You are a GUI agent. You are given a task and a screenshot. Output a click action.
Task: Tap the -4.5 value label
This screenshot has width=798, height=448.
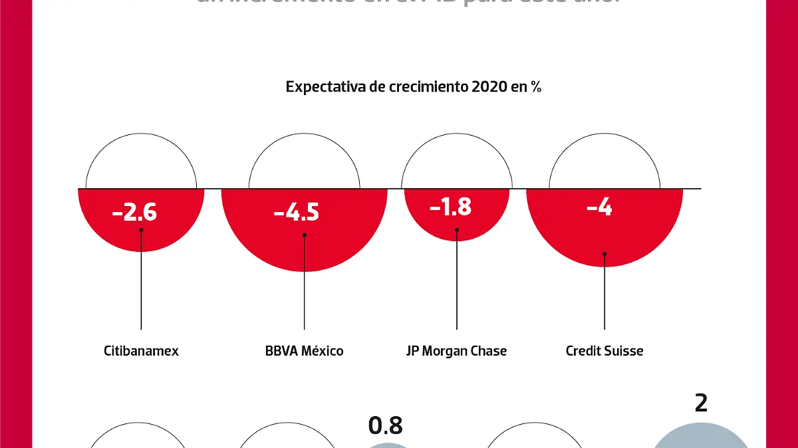point(297,213)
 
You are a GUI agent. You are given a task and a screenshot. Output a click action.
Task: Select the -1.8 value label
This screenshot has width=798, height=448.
point(450,207)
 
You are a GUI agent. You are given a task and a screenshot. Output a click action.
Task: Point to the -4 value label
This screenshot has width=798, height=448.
point(599,207)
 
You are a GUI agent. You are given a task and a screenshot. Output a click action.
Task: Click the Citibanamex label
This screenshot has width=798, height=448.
point(141,350)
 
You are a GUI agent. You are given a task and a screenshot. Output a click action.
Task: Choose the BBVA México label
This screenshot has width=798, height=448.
point(304,350)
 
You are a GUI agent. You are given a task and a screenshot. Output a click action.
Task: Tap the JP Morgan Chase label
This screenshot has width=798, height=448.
point(456,350)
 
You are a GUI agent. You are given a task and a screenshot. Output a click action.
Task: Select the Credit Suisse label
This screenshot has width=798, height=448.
point(604,350)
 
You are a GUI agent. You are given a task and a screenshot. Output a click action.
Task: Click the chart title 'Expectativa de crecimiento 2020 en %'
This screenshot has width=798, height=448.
point(413,87)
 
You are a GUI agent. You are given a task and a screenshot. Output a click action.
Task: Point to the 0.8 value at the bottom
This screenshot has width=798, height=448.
point(385,425)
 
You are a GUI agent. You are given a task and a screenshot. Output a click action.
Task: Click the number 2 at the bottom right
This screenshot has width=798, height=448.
point(700,403)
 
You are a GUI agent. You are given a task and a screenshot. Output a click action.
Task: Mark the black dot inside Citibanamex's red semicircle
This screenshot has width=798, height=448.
point(141,230)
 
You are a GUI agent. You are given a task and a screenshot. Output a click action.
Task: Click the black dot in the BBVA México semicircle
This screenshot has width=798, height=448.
point(304,235)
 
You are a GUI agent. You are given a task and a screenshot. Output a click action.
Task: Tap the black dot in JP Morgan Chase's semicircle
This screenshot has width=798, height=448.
point(457,230)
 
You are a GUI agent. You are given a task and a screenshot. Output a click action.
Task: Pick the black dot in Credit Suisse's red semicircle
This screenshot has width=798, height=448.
point(604,253)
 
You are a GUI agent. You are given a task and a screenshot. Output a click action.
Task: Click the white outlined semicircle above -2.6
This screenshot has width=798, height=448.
point(141,163)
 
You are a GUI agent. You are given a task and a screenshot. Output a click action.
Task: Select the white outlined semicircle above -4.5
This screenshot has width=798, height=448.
point(304,163)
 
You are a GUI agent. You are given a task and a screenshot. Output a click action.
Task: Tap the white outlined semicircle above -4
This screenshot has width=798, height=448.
point(604,163)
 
